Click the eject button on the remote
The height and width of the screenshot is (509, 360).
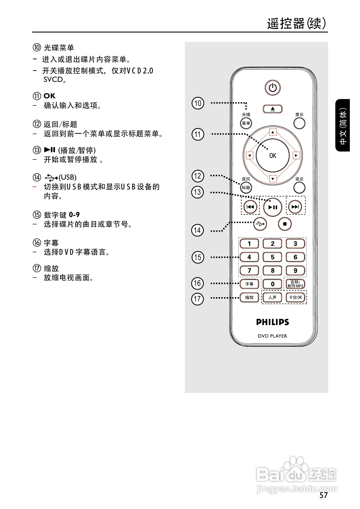coord(272,109)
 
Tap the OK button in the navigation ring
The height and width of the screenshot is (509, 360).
coord(273,156)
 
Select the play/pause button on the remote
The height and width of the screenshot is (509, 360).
coord(273,207)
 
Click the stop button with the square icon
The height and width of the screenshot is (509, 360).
coord(285,224)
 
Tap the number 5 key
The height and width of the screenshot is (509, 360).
coord(272,257)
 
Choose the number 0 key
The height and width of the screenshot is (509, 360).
coord(272,284)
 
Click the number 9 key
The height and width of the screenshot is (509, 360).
coord(295,270)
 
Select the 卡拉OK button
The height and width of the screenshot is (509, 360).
coord(295,297)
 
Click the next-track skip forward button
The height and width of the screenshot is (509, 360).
coord(295,207)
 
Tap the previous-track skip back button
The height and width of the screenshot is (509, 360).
coord(250,207)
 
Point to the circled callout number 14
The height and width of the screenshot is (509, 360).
coord(197,230)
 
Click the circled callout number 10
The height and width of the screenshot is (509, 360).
coord(198,103)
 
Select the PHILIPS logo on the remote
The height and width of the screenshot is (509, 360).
coord(272,322)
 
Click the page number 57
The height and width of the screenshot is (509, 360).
coord(323,495)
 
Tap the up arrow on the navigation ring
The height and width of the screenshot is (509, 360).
coord(273,133)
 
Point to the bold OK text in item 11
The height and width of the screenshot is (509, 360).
coord(49,96)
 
